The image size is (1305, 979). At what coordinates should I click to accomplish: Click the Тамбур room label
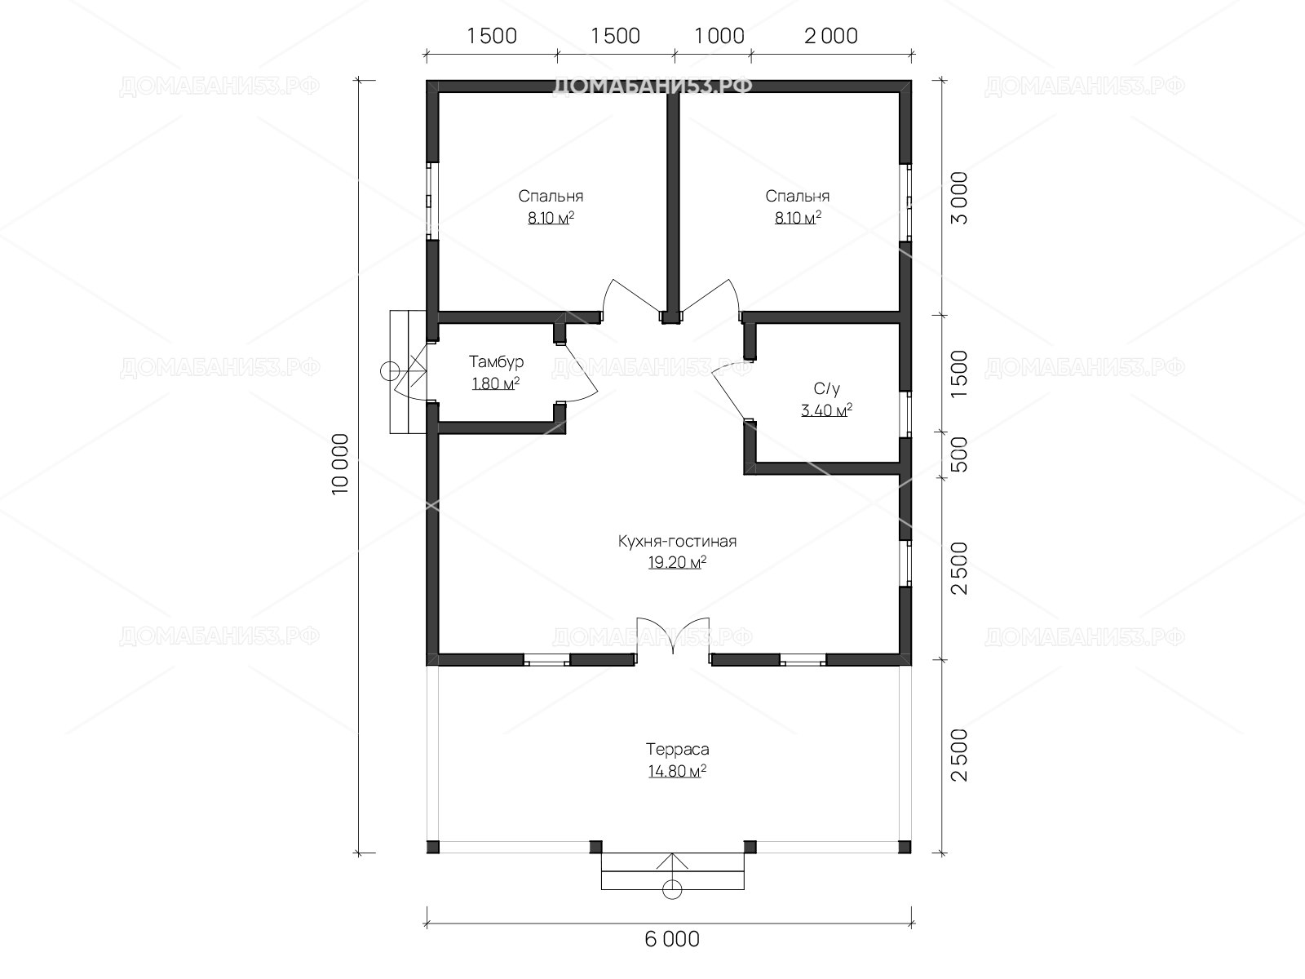pyautogui.click(x=496, y=361)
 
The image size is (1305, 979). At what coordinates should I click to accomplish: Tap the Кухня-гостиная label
pyautogui.click(x=677, y=541)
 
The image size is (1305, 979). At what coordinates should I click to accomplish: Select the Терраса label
pyautogui.click(x=677, y=749)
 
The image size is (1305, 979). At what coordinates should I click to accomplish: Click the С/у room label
pyautogui.click(x=826, y=389)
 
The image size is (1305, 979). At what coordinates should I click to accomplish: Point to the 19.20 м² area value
pyautogui.click(x=677, y=562)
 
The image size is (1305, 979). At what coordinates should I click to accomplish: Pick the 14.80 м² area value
pyautogui.click(x=677, y=771)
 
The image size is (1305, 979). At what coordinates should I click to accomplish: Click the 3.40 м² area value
pyautogui.click(x=826, y=410)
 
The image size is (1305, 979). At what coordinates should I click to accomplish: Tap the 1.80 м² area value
pyautogui.click(x=496, y=383)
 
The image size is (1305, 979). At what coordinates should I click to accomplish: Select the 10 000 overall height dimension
pyautogui.click(x=341, y=464)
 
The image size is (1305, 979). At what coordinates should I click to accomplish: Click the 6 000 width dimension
pyautogui.click(x=672, y=940)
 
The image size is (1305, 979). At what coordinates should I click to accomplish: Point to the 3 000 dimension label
pyautogui.click(x=959, y=198)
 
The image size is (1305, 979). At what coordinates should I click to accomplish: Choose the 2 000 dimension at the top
pyautogui.click(x=830, y=36)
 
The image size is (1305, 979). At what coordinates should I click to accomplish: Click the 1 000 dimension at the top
pyautogui.click(x=719, y=36)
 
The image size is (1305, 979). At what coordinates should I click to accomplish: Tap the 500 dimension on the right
pyautogui.click(x=959, y=454)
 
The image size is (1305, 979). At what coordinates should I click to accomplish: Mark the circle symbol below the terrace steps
pyautogui.click(x=672, y=889)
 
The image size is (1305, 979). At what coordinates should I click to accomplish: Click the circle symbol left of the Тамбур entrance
pyautogui.click(x=390, y=371)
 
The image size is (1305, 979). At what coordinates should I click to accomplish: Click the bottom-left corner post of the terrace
pyautogui.click(x=433, y=847)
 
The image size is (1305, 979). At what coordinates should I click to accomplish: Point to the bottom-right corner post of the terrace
pyautogui.click(x=905, y=847)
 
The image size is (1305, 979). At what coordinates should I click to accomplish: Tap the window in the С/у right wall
pyautogui.click(x=905, y=414)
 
